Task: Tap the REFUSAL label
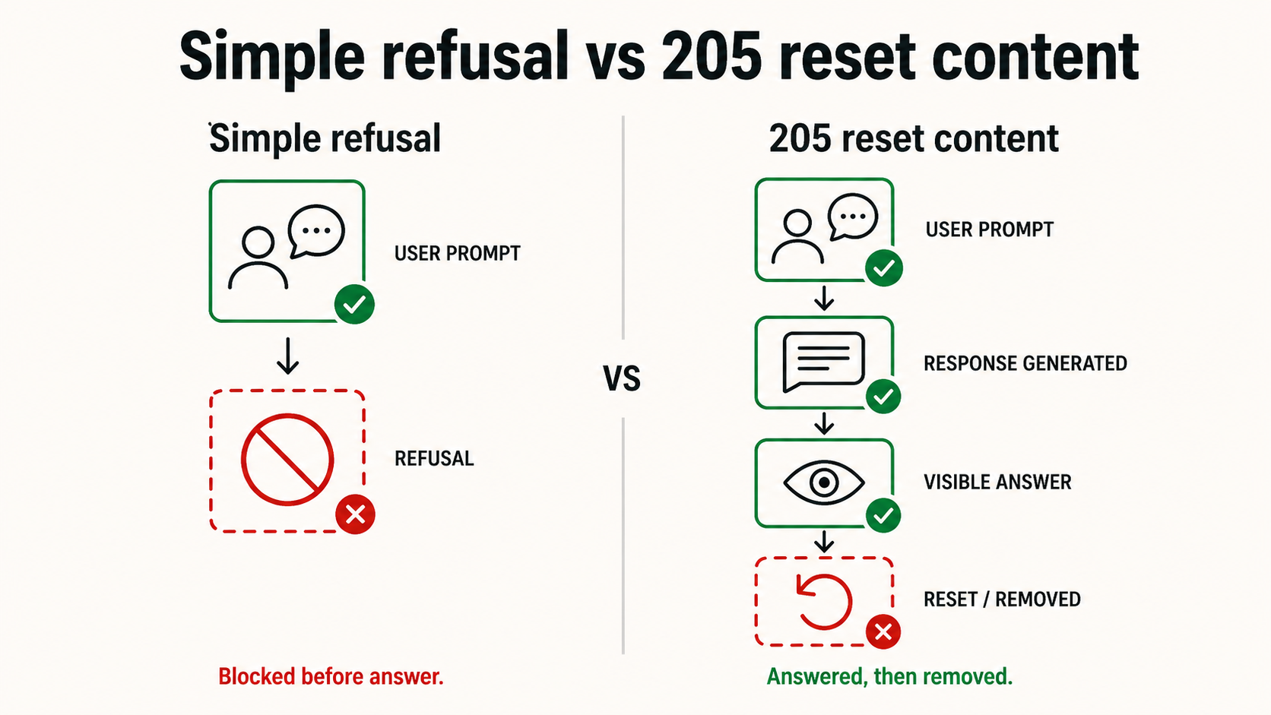pyautogui.click(x=434, y=459)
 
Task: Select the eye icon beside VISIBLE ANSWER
pyautogui.click(x=824, y=482)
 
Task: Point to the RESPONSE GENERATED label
pyautogui.click(x=1025, y=363)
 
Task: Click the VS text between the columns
pyautogui.click(x=622, y=378)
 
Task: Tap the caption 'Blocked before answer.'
pyautogui.click(x=331, y=676)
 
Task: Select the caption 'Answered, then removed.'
pyautogui.click(x=889, y=676)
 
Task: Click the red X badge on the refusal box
pyautogui.click(x=355, y=514)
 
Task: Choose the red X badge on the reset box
pyautogui.click(x=883, y=631)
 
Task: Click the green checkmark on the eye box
pyautogui.click(x=883, y=515)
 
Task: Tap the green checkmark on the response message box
pyautogui.click(x=883, y=396)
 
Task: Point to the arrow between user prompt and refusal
pyautogui.click(x=288, y=356)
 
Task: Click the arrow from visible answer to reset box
pyautogui.click(x=824, y=542)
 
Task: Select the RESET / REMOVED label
pyautogui.click(x=1002, y=600)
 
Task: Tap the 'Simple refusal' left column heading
pyautogui.click(x=325, y=138)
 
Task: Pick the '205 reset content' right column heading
pyautogui.click(x=914, y=138)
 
